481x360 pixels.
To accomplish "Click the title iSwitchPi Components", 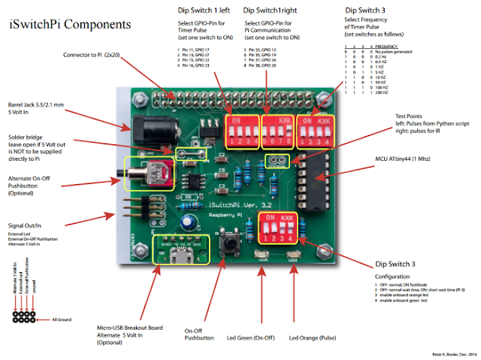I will tap(70, 25).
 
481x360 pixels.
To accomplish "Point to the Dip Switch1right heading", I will tap(269, 11).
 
